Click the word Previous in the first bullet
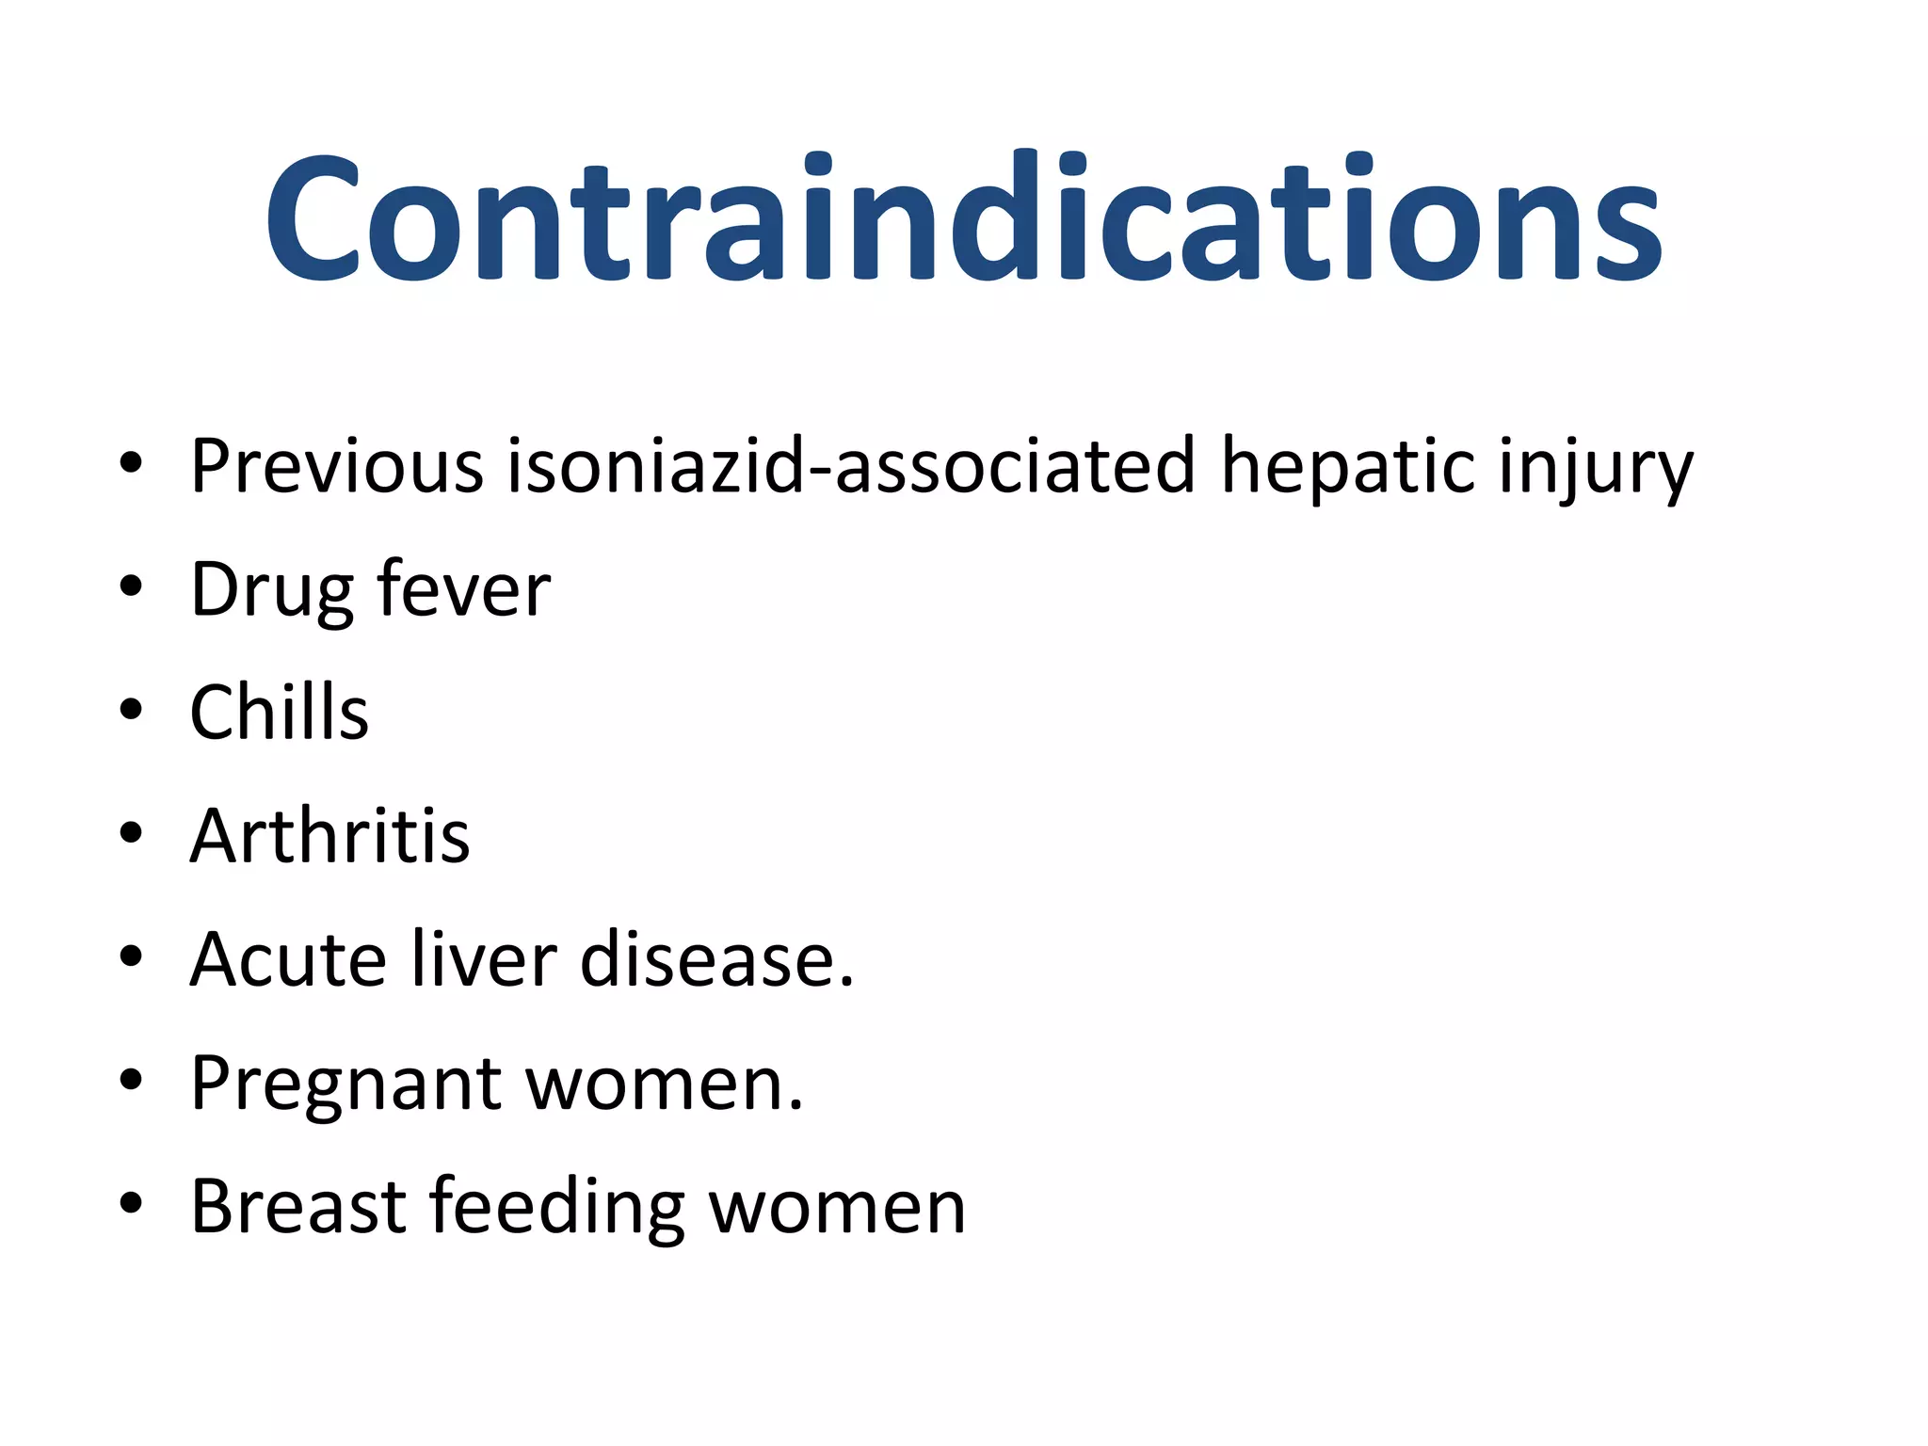tap(336, 465)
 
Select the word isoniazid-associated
tap(851, 465)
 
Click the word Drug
tap(272, 590)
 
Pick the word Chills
tap(279, 712)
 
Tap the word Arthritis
tap(329, 835)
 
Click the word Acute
tap(288, 959)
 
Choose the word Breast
tap(297, 1206)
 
